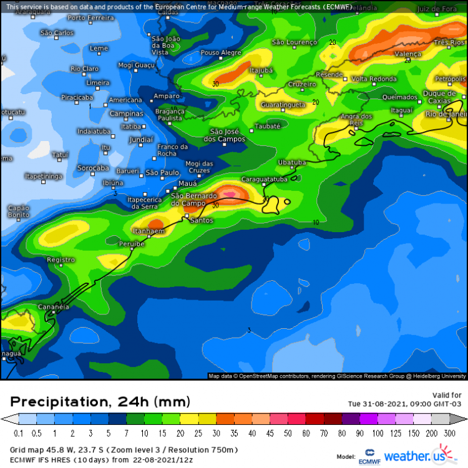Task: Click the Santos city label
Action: pyautogui.click(x=202, y=220)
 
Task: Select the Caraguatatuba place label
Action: pyautogui.click(x=264, y=178)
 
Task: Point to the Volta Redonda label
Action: pyautogui.click(x=374, y=79)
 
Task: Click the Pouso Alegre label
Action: pyautogui.click(x=221, y=52)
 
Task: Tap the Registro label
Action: pyautogui.click(x=61, y=260)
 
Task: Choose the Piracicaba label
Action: pyautogui.click(x=77, y=97)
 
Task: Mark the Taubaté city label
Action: pyautogui.click(x=268, y=126)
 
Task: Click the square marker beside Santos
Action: pyautogui.click(x=186, y=216)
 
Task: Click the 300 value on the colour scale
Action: pyautogui.click(x=449, y=432)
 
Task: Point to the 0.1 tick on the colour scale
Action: pyautogui.click(x=18, y=432)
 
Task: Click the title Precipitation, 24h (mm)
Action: pyautogui.click(x=100, y=401)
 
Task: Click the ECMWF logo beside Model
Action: pyautogui.click(x=369, y=457)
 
